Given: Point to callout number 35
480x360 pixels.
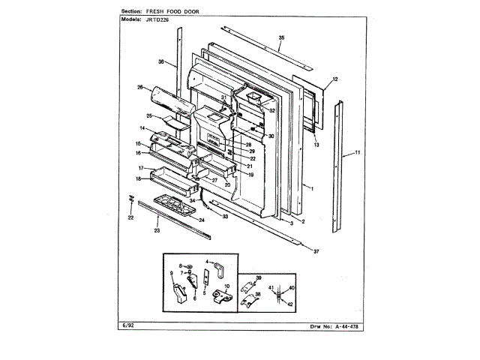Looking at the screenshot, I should [281, 37].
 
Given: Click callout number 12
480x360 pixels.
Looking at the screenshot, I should [335, 79].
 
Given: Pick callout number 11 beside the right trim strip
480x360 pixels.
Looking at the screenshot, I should [358, 153].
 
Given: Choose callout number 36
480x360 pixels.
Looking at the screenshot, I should [161, 62].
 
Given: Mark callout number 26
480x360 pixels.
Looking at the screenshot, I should [139, 88].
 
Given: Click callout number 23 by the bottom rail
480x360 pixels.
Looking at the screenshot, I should [157, 230].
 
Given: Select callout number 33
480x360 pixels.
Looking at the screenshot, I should [224, 215].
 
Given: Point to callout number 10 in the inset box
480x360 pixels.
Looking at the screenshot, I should [228, 287].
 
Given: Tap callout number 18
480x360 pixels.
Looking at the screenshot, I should [139, 178].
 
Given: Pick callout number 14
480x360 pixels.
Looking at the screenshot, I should [141, 129].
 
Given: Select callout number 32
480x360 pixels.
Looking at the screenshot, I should [272, 110].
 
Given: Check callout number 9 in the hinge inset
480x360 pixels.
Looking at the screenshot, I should [172, 272].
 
